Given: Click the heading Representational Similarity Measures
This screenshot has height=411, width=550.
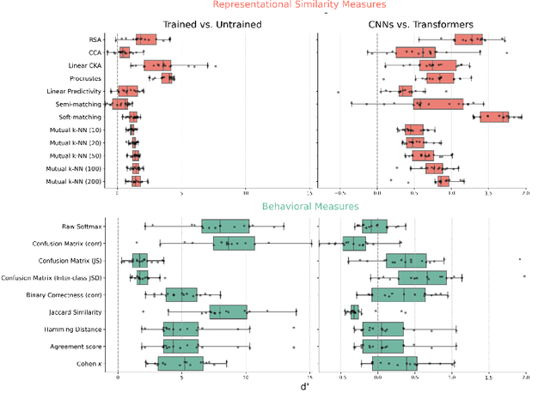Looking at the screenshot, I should pyautogui.click(x=275, y=6).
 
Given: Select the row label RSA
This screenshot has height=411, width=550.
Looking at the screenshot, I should pyautogui.click(x=95, y=39).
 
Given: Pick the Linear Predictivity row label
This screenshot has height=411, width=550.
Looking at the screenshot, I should pyautogui.click(x=73, y=91).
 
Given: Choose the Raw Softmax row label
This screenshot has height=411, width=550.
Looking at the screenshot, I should pyautogui.click(x=82, y=227).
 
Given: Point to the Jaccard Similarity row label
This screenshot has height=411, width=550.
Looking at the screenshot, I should pyautogui.click(x=75, y=311).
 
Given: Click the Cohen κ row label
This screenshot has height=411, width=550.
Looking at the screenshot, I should pyautogui.click(x=89, y=363).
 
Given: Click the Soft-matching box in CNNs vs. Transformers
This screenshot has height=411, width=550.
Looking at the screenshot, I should pyautogui.click(x=494, y=117).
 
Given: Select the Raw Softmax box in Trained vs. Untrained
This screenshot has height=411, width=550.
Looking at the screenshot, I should pyautogui.click(x=225, y=227).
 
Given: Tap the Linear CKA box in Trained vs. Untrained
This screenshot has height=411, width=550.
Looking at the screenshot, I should pyautogui.click(x=157, y=65).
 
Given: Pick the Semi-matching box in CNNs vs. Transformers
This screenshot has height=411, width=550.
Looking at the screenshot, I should pyautogui.click(x=438, y=104).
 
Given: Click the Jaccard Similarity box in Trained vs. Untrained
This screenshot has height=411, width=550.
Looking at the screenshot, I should pyautogui.click(x=228, y=311).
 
